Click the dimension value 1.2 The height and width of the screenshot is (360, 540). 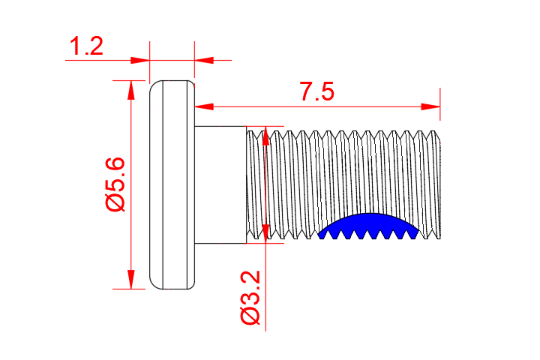click(x=85, y=48)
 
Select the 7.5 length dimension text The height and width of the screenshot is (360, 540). click(x=316, y=93)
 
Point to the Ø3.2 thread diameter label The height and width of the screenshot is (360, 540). click(x=250, y=298)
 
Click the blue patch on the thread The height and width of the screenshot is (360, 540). click(x=367, y=225)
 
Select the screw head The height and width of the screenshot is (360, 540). click(x=172, y=184)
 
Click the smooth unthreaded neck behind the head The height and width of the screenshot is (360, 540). click(x=220, y=184)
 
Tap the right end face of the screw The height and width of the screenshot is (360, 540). click(x=441, y=184)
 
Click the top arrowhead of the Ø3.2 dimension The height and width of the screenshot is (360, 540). click(x=266, y=136)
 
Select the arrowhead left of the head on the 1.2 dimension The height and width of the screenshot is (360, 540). click(x=140, y=59)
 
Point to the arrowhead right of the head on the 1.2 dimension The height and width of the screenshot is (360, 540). click(x=203, y=59)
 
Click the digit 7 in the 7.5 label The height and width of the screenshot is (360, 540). click(x=306, y=93)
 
